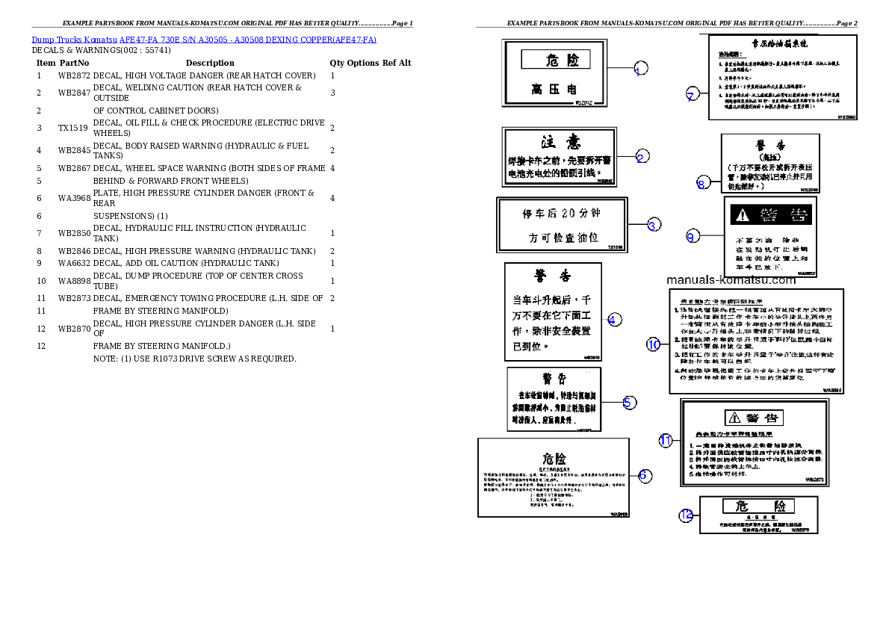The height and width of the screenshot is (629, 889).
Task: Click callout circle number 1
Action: tap(640, 70)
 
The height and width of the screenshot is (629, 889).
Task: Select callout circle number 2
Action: tap(642, 156)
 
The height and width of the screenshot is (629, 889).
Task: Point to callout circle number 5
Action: tap(630, 403)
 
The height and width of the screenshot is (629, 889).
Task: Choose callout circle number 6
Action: tap(644, 474)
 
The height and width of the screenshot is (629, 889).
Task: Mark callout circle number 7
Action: tap(693, 94)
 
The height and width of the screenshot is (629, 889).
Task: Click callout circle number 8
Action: tap(701, 183)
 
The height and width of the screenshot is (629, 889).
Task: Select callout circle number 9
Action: tap(692, 236)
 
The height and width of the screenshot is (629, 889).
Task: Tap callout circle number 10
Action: tap(654, 344)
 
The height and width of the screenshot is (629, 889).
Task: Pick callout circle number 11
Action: tap(666, 440)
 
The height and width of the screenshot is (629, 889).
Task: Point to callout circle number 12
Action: tap(686, 515)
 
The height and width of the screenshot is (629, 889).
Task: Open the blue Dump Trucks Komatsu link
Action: tap(204, 39)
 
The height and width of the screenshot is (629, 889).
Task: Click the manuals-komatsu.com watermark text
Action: tap(731, 280)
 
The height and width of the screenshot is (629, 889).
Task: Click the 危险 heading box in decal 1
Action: tap(555, 60)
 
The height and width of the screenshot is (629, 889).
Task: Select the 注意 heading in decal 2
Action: tap(560, 142)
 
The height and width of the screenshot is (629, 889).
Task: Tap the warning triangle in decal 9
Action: tap(741, 215)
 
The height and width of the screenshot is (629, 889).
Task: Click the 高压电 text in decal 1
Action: tap(556, 90)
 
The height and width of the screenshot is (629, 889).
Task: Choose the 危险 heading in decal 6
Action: tap(554, 459)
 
